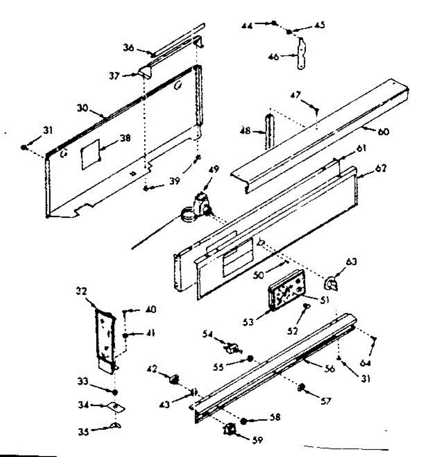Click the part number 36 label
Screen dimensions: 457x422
[x=128, y=48]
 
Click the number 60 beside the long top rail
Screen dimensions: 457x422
[x=384, y=132]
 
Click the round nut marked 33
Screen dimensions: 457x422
[x=115, y=392]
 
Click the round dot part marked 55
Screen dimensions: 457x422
[x=250, y=358]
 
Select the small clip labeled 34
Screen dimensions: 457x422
[x=118, y=407]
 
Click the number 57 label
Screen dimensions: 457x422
[x=326, y=401]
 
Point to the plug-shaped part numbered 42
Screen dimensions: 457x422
[x=174, y=379]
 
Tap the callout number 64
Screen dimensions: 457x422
[x=366, y=363]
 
